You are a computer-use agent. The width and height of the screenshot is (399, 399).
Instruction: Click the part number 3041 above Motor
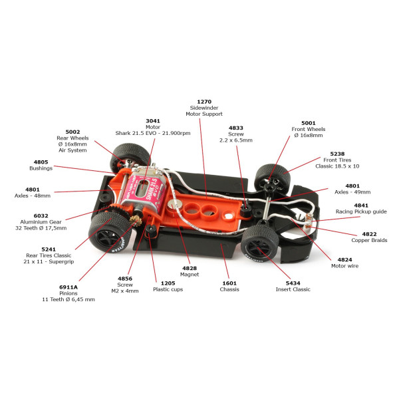click(153, 121)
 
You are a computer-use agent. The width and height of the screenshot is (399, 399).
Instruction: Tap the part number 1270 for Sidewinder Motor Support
click(204, 102)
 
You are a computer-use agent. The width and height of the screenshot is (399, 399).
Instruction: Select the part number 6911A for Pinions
click(68, 287)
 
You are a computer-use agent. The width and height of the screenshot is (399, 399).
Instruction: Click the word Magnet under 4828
click(190, 274)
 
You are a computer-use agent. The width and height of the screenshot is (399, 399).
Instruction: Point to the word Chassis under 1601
click(229, 289)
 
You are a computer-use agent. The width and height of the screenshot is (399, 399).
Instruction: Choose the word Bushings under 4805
click(41, 168)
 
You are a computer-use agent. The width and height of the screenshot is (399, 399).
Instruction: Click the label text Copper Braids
click(369, 240)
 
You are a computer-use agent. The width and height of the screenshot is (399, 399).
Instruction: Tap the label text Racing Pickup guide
click(361, 211)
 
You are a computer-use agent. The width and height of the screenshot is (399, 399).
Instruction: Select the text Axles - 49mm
click(352, 192)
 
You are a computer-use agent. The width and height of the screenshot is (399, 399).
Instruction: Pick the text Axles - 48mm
click(33, 196)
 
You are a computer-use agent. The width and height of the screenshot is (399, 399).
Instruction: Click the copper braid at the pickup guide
click(309, 221)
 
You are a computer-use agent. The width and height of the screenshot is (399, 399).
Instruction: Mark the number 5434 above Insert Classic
click(293, 283)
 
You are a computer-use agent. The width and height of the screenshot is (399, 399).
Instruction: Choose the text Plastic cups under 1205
click(168, 289)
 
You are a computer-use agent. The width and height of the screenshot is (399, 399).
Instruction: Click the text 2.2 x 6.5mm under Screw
click(236, 140)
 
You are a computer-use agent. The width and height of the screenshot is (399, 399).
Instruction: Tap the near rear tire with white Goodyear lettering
click(110, 232)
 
